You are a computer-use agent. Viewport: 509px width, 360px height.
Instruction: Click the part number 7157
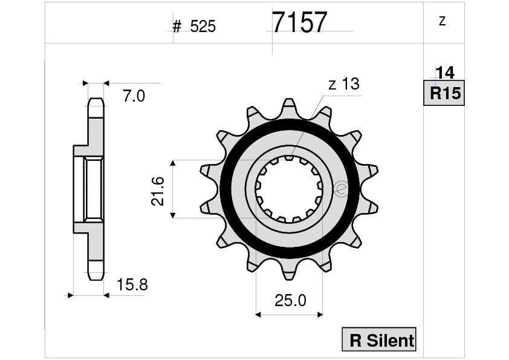299,22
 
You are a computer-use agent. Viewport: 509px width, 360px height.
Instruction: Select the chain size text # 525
194,27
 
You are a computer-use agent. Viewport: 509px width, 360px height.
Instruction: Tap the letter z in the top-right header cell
442,21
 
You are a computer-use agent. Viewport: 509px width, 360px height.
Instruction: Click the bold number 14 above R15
444,73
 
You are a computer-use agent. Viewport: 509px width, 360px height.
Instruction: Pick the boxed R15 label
444,93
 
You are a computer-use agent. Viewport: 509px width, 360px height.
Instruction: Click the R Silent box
379,340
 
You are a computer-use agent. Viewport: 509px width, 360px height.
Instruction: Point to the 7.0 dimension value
134,96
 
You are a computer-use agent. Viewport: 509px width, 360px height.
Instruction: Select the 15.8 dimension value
132,284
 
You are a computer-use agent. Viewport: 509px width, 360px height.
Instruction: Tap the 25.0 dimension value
290,300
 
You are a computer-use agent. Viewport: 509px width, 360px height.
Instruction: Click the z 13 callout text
343,84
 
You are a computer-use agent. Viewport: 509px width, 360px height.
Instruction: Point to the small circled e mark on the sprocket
340,189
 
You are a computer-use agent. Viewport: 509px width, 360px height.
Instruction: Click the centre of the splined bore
289,189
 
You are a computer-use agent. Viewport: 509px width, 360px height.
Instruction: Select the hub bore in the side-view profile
93,189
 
